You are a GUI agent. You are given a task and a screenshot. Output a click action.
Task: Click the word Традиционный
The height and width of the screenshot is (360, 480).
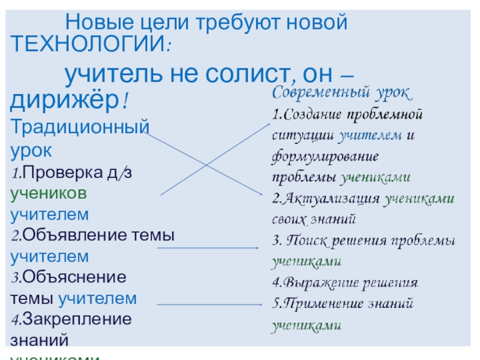pyautogui.click(x=79, y=127)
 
